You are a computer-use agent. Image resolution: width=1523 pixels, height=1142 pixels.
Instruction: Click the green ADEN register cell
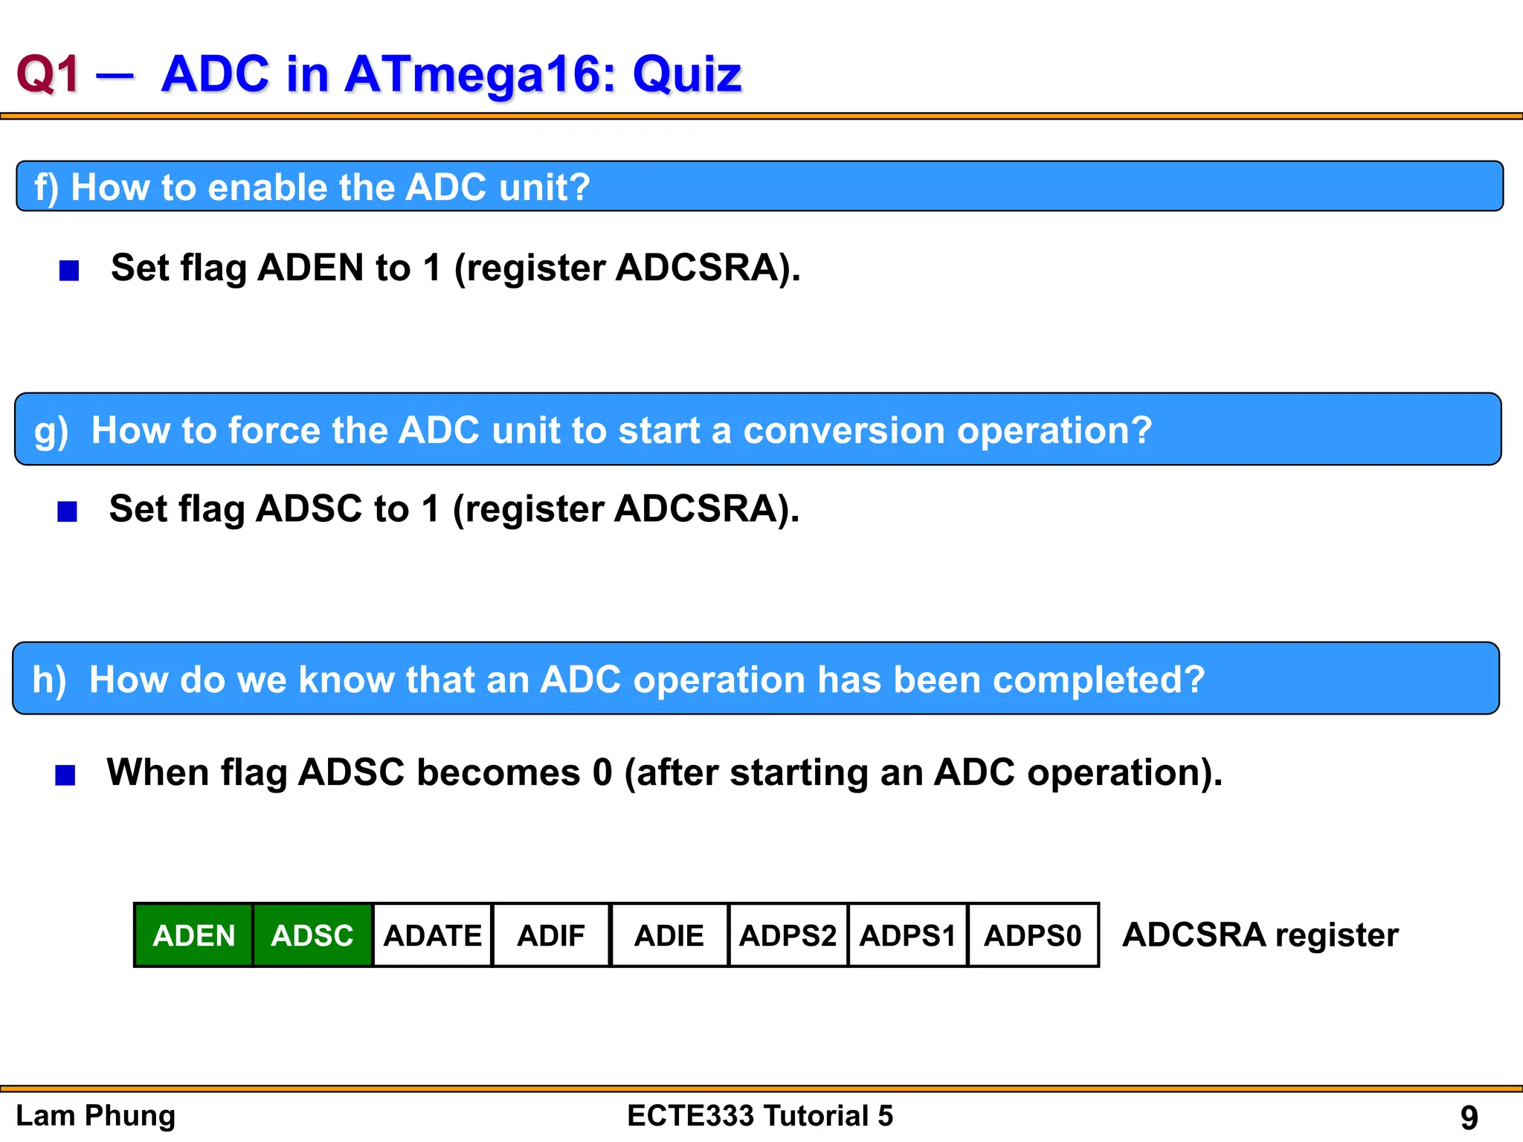tap(193, 935)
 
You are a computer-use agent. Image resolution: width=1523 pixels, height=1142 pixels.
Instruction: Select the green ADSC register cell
tap(312, 935)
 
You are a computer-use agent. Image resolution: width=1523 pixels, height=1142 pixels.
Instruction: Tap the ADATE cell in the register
tap(432, 935)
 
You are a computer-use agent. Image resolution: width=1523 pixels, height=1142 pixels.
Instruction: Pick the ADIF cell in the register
tap(550, 935)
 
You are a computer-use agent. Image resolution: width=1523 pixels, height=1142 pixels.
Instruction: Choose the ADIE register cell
tap(669, 935)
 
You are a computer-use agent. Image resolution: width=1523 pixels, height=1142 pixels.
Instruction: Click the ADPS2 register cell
tap(788, 935)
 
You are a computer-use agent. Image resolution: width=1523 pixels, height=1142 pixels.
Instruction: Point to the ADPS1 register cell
tap(907, 935)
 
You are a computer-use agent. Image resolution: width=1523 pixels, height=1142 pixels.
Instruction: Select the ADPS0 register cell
tap(1032, 935)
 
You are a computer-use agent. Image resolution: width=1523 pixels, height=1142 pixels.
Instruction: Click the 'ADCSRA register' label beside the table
tap(1260, 935)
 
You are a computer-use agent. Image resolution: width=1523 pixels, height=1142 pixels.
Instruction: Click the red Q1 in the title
tap(48, 74)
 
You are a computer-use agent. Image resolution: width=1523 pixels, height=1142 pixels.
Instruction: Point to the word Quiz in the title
tap(686, 74)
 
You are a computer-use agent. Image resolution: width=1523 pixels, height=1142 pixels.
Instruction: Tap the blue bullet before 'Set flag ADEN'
tap(69, 271)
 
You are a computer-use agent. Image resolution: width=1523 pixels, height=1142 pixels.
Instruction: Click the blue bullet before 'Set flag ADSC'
tap(68, 512)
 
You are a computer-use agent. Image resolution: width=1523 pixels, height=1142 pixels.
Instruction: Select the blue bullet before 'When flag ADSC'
tap(65, 775)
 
